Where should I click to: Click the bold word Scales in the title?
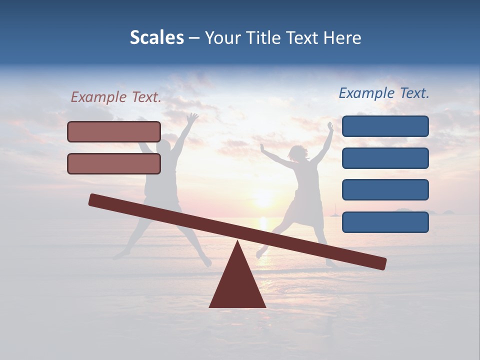point(156,38)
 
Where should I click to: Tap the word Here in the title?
point(342,38)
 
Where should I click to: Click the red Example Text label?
point(116,97)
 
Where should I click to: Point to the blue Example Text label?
point(384,93)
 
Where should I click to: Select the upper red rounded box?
point(114,131)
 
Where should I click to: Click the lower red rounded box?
point(114,163)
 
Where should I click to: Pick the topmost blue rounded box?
point(385,126)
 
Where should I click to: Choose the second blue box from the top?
point(385,158)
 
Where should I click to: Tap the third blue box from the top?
point(385,190)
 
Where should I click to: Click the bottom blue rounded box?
point(385,222)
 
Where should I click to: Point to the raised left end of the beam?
point(95,200)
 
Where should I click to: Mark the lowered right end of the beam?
point(379,263)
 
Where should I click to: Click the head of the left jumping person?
point(163,147)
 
